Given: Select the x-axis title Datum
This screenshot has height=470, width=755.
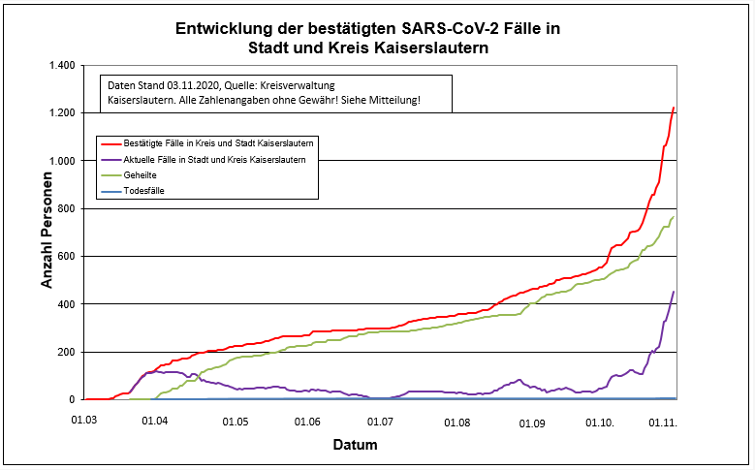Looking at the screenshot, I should point(355,445).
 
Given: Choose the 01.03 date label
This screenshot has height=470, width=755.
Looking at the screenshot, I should point(85,423).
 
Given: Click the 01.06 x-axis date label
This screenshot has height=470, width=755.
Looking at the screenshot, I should point(308,423).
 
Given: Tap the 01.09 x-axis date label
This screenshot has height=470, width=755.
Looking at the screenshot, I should point(532,423).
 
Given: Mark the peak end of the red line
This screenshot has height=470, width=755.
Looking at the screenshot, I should point(674,108).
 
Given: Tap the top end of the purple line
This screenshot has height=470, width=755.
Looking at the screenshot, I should point(674,292).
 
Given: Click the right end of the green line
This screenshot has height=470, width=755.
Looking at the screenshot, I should point(674,217).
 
